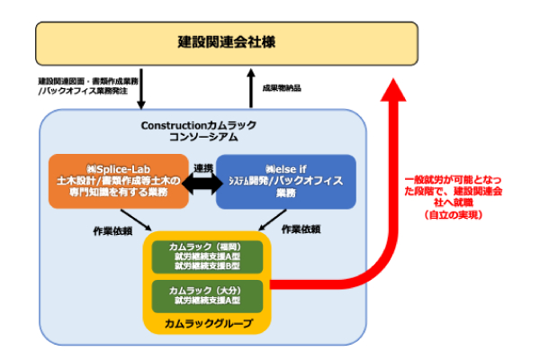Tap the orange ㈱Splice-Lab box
(x=119, y=181)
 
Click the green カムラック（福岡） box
(x=207, y=256)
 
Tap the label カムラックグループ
(x=207, y=321)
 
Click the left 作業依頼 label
(x=112, y=229)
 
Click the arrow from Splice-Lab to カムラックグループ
(x=137, y=220)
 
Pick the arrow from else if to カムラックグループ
(x=270, y=220)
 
